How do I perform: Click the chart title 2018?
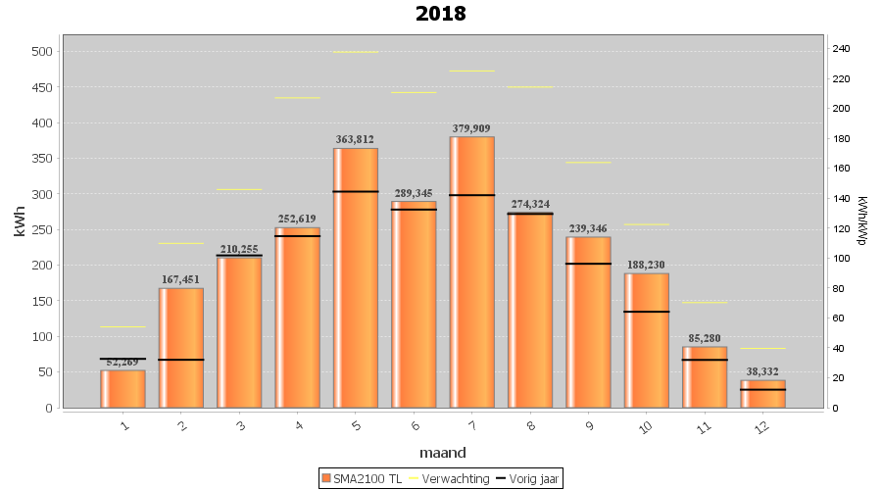click(440, 14)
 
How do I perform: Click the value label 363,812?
click(355, 139)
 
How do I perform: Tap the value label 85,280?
click(705, 338)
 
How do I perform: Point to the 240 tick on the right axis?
click(841, 49)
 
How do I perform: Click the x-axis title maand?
click(442, 453)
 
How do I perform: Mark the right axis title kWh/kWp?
click(861, 220)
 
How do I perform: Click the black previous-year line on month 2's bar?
click(180, 360)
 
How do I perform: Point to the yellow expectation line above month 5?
click(355, 52)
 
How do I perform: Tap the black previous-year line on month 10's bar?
click(646, 312)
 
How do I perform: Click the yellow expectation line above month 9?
click(588, 163)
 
